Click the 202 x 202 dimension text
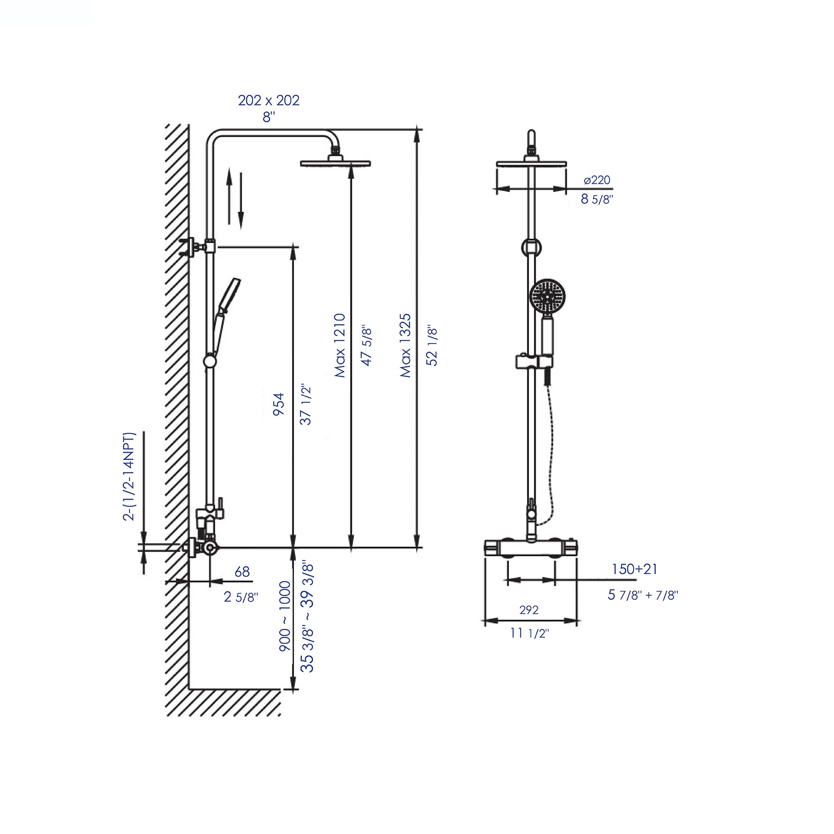click(x=269, y=100)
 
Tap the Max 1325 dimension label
click(x=406, y=345)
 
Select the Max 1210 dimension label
click(x=341, y=345)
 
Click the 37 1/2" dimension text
click(x=306, y=405)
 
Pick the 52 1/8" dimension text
click(x=432, y=347)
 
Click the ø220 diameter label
click(x=597, y=180)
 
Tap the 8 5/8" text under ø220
click(x=597, y=199)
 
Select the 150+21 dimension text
click(x=634, y=569)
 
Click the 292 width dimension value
click(x=529, y=610)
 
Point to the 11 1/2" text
click(x=529, y=633)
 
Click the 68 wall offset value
click(x=242, y=572)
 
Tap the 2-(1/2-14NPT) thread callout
click(x=130, y=477)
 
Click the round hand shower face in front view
click(x=547, y=296)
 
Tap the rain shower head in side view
click(x=335, y=163)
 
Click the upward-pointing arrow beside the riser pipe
click(x=230, y=196)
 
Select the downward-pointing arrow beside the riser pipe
click(x=241, y=201)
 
